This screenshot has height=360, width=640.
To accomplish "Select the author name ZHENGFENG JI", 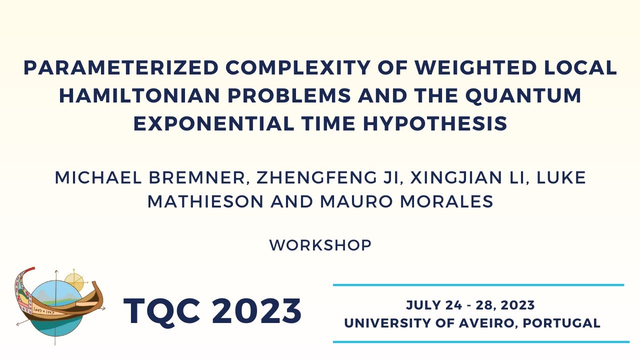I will (x=312, y=177).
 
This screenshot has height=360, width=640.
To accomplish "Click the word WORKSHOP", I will (x=320, y=245).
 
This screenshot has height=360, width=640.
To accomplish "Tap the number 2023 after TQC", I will (x=256, y=311).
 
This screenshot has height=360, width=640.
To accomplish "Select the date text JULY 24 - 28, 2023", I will (x=470, y=305).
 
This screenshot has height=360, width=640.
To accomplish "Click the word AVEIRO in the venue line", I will (x=485, y=323).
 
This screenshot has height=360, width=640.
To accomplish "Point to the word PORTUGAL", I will (x=562, y=323).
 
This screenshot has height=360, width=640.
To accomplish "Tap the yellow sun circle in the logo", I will (x=75, y=281).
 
